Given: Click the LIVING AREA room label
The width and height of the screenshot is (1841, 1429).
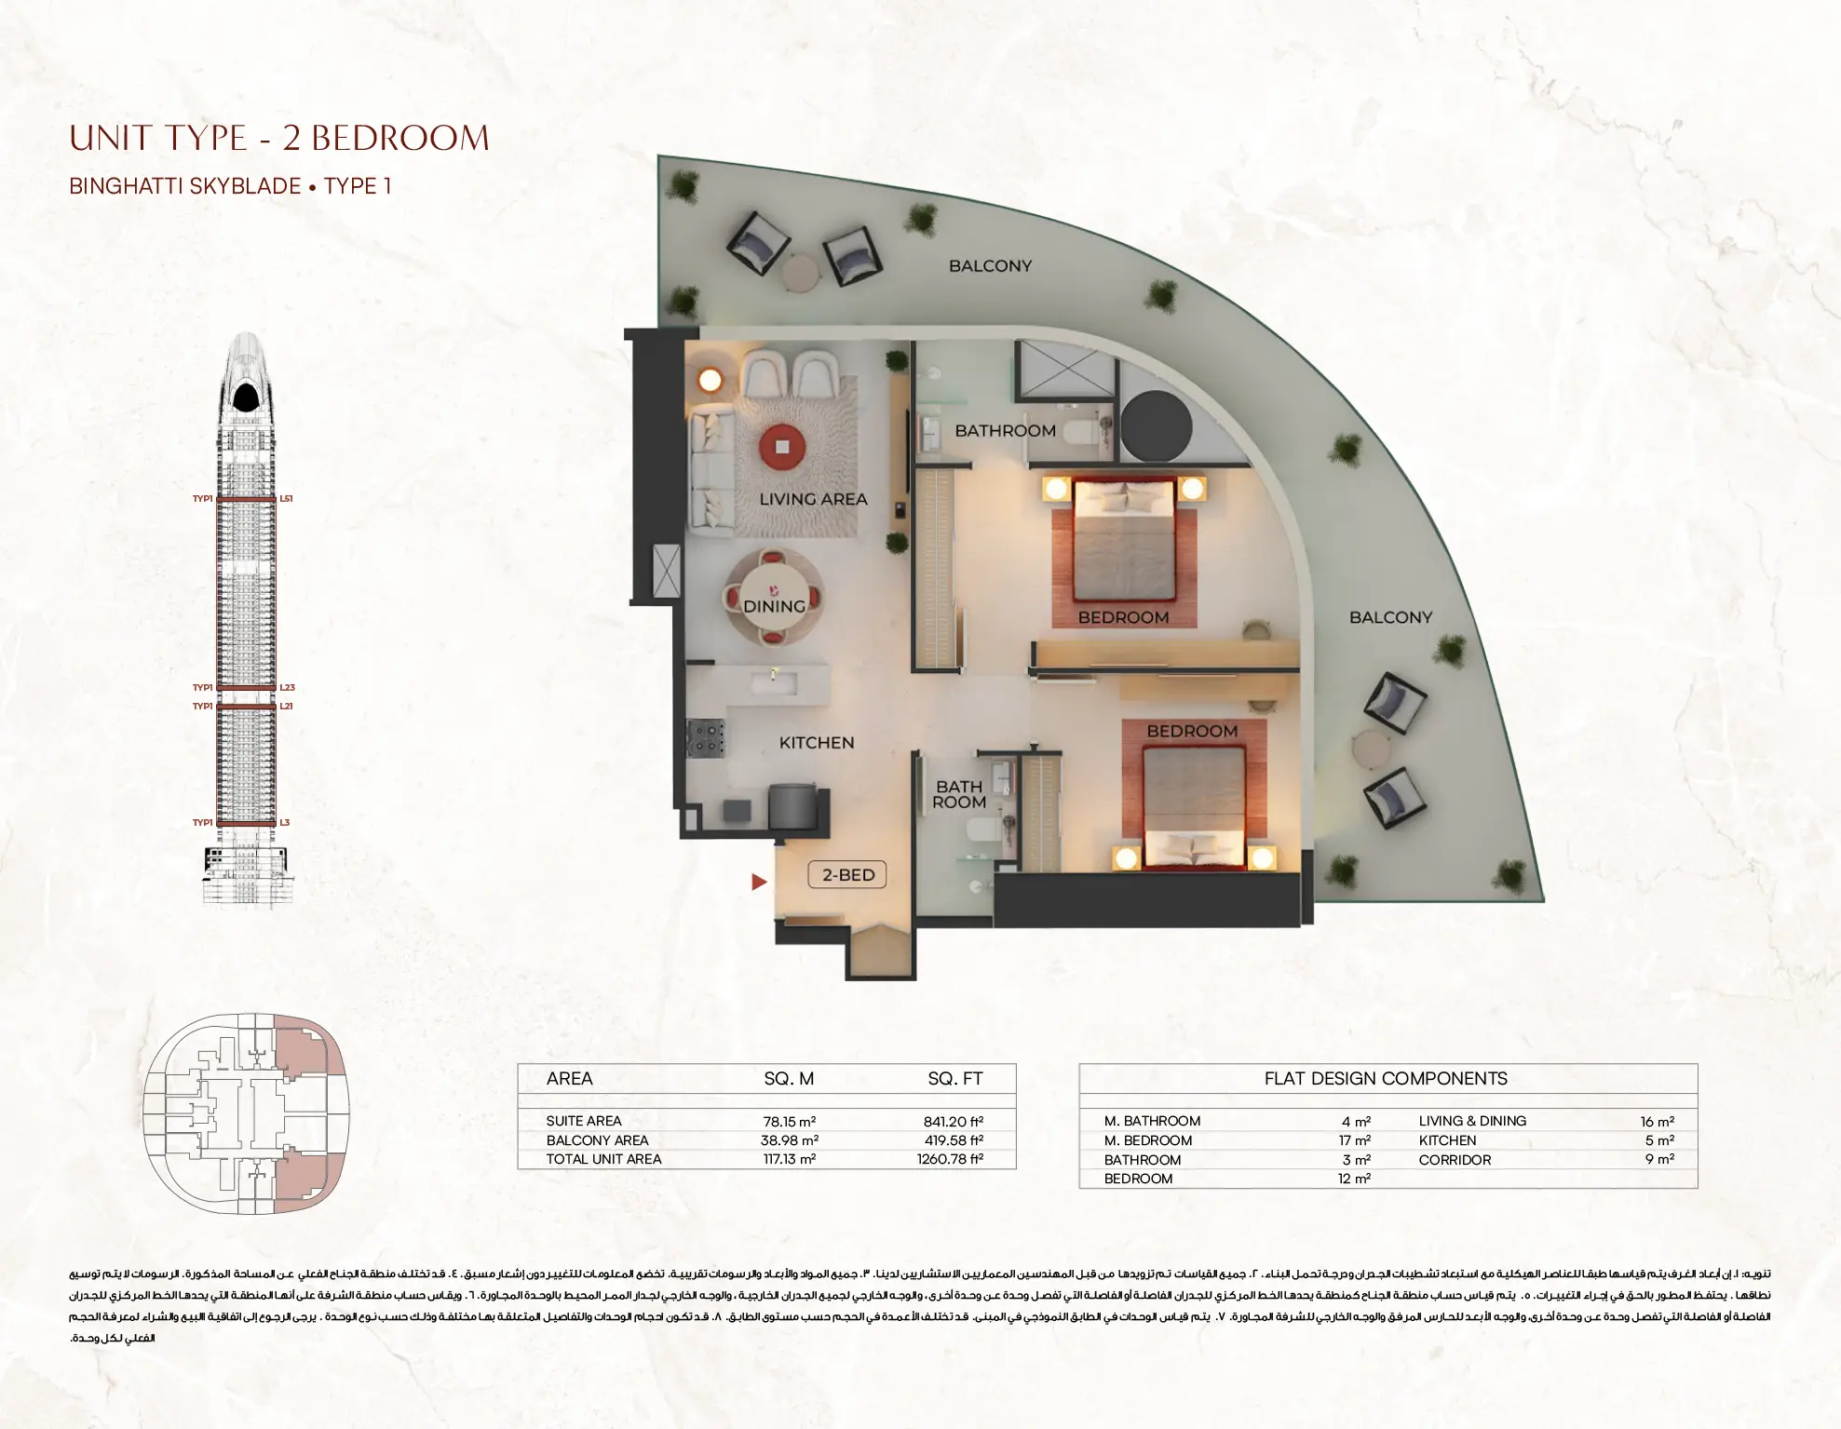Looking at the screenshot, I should (813, 500).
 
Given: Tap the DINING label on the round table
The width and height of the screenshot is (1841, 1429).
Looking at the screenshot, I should (774, 606).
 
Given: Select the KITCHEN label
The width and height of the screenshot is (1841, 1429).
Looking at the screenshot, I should (817, 743).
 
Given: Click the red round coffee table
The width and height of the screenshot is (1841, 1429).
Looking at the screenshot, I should (782, 448).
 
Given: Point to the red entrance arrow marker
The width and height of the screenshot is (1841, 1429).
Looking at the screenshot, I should (759, 882).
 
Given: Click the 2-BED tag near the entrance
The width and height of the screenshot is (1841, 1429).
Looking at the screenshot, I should (848, 875).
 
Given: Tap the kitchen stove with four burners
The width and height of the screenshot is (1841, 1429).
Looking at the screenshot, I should (705, 737).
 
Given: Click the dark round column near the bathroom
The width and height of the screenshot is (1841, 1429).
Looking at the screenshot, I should (1156, 426).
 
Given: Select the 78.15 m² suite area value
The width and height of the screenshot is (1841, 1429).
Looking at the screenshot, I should (789, 1122).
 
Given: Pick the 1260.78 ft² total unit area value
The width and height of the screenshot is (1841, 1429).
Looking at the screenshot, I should (950, 1160).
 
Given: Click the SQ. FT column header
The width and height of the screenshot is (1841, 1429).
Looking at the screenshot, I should (955, 1079).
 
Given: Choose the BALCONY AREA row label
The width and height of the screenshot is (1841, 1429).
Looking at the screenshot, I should (597, 1140).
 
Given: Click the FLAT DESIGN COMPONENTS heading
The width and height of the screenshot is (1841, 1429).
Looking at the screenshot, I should (1386, 1079).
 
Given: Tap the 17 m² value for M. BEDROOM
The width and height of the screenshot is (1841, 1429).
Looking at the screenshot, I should (1355, 1141).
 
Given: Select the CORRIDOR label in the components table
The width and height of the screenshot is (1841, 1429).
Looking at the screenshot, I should (1455, 1160).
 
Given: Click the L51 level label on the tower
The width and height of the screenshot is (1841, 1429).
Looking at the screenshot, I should (287, 499).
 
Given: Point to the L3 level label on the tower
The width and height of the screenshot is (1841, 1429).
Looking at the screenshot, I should (285, 823).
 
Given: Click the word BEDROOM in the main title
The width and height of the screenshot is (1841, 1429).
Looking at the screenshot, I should (399, 139).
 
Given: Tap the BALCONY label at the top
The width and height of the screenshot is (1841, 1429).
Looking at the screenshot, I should (990, 266).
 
